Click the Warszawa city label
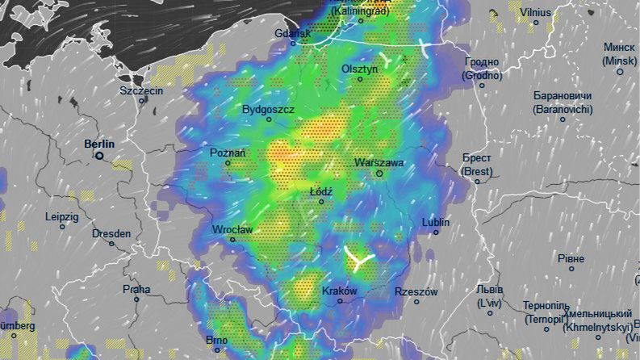point(379,162)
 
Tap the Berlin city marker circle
point(99,157)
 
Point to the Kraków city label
point(339,291)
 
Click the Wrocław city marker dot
point(233,240)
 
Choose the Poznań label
point(227,153)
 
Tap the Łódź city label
point(321,191)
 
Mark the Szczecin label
point(141,90)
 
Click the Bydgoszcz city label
point(268,109)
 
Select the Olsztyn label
point(359,69)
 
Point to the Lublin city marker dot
point(436,232)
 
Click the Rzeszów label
point(416,291)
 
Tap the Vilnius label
point(535,12)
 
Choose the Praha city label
point(136,289)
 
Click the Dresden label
point(111,233)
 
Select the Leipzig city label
point(62,216)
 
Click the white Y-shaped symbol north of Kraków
point(356,259)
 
